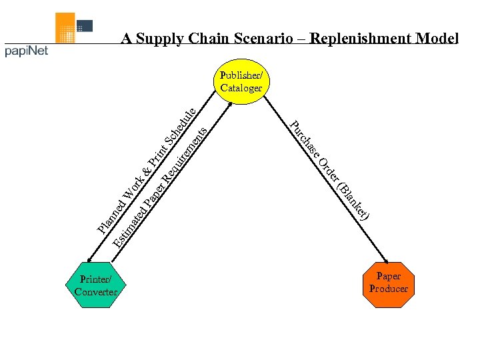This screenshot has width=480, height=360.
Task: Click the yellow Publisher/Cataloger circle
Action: coord(241,82)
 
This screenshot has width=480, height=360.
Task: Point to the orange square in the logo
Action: coord(65,28)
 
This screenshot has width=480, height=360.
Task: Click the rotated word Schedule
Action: coord(180,125)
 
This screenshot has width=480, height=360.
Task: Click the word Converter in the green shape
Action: coord(96,292)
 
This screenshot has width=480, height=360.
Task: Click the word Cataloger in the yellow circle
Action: coord(241,87)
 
